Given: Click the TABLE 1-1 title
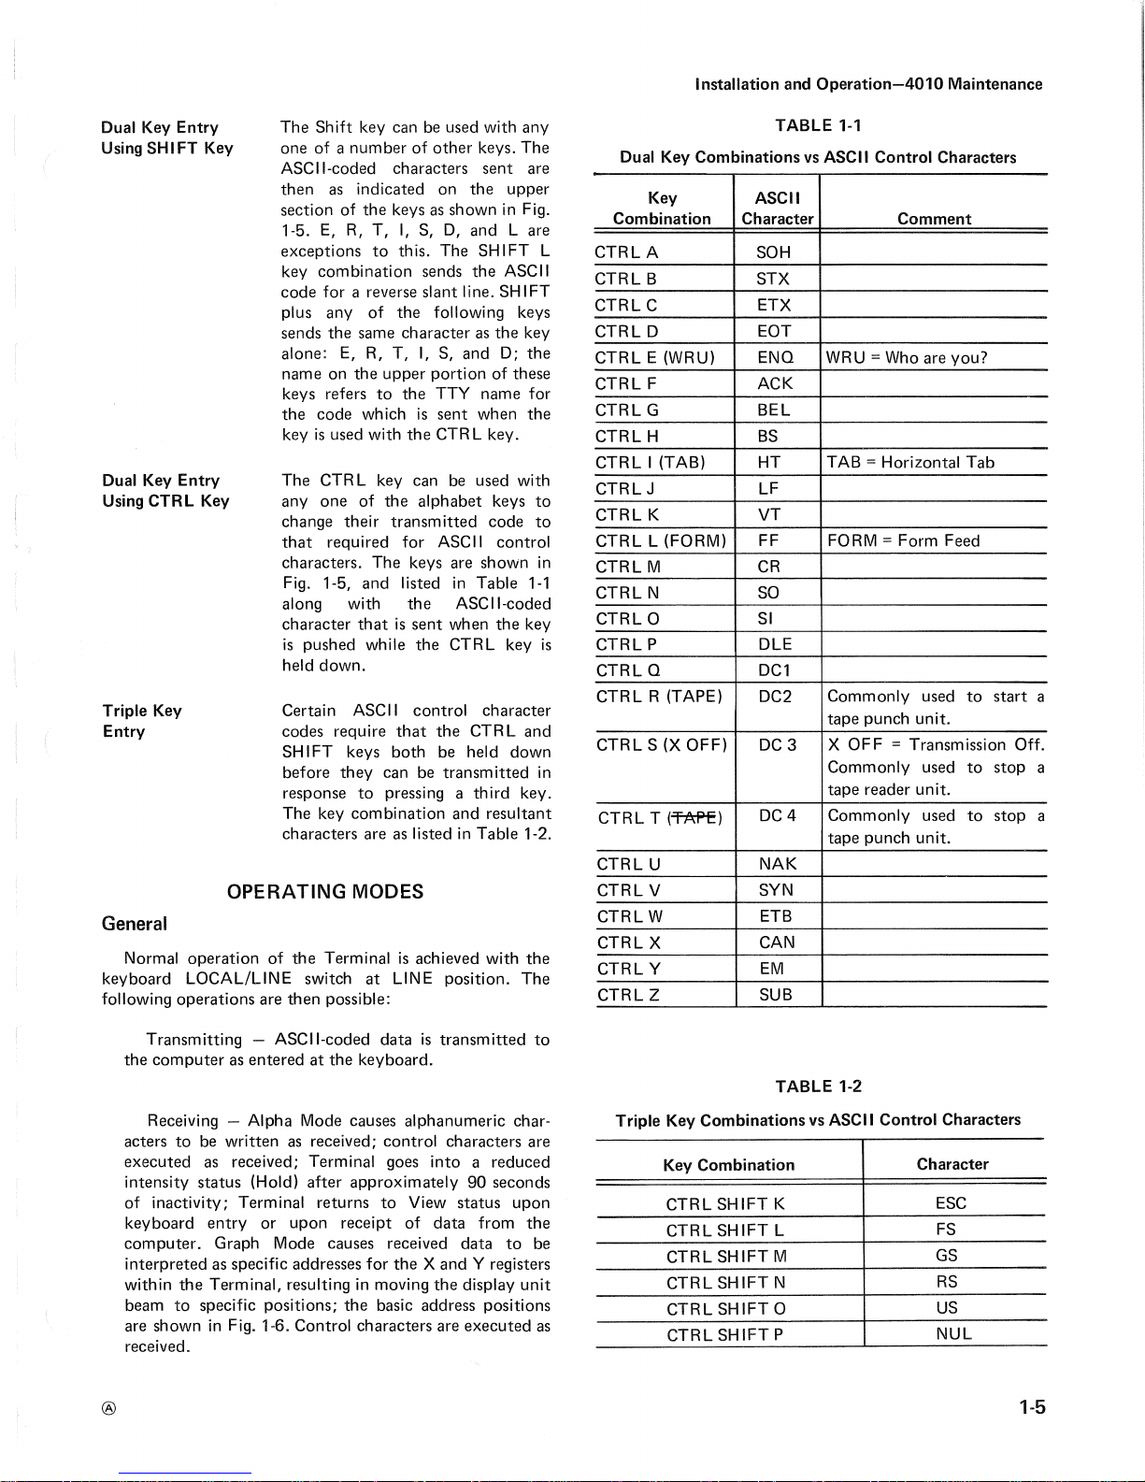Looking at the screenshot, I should [x=818, y=125].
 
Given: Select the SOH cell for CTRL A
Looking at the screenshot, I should [x=775, y=252].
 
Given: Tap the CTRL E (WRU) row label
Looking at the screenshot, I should [x=654, y=357].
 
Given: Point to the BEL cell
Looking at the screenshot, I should [x=775, y=410].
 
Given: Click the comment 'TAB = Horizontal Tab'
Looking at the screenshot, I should [x=910, y=462].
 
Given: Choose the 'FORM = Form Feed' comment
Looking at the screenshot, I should [x=903, y=540].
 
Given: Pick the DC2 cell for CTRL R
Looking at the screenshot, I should [x=775, y=697].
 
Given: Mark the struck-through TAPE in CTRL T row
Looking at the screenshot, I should [x=694, y=818].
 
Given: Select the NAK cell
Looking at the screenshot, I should [x=778, y=864].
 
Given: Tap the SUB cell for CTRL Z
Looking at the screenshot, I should [x=776, y=995].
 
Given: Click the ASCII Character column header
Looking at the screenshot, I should [x=777, y=208].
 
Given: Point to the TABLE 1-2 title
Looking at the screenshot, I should [x=818, y=1086].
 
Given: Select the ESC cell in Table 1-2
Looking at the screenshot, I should [x=951, y=1203].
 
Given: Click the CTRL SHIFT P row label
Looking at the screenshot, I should [x=724, y=1335].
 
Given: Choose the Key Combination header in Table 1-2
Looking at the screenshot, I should [x=728, y=1165].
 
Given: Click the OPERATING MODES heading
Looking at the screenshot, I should [x=325, y=892].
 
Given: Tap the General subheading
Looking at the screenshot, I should [x=135, y=924].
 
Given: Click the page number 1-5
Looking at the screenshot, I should [x=1032, y=1407].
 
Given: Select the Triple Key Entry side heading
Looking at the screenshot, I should [x=142, y=721].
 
